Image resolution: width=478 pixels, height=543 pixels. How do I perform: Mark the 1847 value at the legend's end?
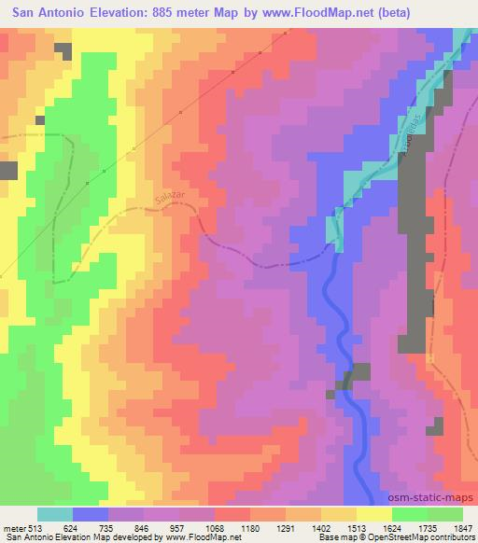(x=463, y=528)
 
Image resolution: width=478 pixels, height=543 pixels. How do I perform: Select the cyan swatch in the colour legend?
(x=55, y=514)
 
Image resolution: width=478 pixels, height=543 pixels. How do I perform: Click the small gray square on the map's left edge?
(x=8, y=170)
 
